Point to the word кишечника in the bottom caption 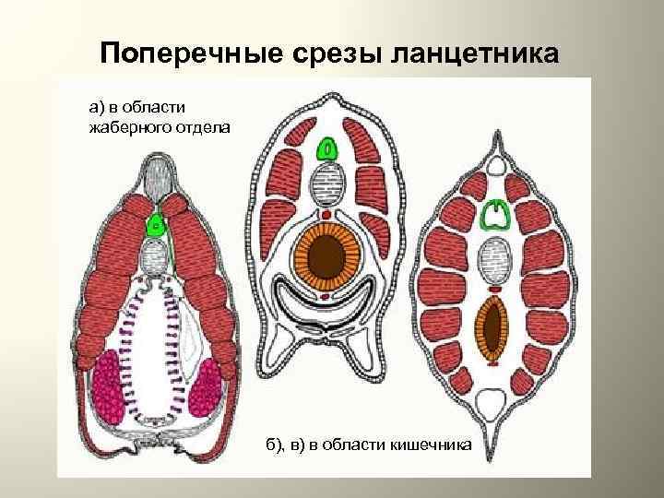432,445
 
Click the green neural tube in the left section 158,224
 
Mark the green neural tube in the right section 496,214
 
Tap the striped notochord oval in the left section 156,255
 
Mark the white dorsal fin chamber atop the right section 496,167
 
